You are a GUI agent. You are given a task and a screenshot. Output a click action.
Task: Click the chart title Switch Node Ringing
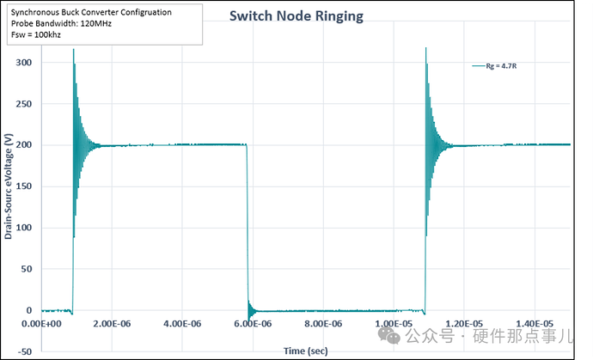pyautogui.click(x=296, y=16)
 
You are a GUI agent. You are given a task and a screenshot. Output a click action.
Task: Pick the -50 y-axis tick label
pyautogui.click(x=23, y=351)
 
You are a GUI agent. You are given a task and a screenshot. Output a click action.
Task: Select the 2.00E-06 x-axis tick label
pyautogui.click(x=115, y=324)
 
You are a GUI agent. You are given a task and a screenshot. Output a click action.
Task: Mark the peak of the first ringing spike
pyautogui.click(x=73, y=50)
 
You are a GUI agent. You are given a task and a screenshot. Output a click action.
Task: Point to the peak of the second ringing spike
pyautogui.click(x=426, y=48)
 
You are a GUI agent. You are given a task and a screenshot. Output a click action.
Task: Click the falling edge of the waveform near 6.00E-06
pyautogui.click(x=247, y=223)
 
